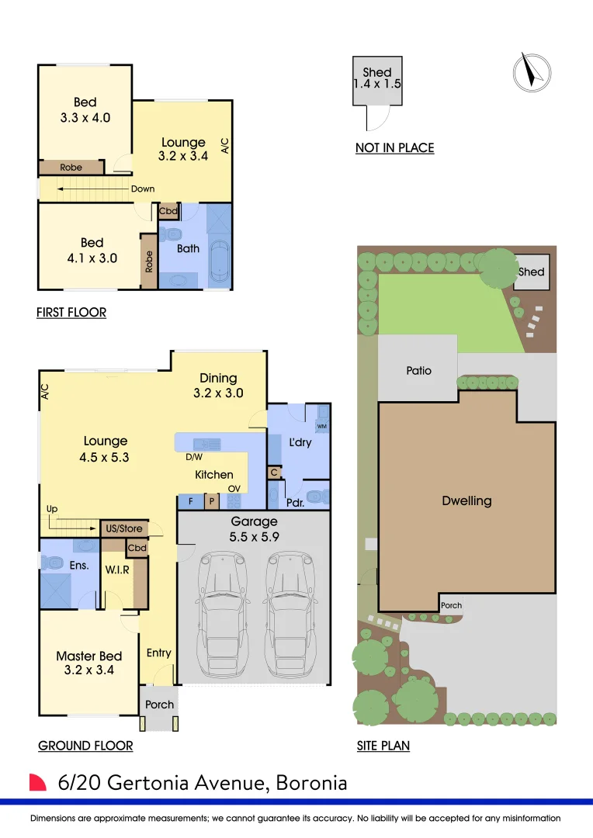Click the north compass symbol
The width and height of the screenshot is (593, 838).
tap(532, 73)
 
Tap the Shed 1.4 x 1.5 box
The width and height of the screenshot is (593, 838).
tap(377, 81)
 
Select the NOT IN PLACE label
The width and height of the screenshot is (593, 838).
tap(394, 148)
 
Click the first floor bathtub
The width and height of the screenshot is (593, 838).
tap(220, 261)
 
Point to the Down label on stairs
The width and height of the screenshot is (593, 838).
tap(143, 189)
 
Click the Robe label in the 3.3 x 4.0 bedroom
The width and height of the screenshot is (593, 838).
tap(71, 168)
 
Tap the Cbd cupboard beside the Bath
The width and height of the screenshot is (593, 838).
tap(168, 211)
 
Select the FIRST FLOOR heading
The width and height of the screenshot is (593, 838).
tap(71, 312)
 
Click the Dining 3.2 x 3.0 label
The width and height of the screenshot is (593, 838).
tap(218, 386)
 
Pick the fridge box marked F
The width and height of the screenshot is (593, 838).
tap(190, 502)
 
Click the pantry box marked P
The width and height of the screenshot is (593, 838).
tap(212, 502)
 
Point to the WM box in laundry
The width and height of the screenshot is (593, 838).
tap(322, 426)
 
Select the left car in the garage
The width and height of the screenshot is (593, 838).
tap(223, 615)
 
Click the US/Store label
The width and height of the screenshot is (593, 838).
tap(124, 528)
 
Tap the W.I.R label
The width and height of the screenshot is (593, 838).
tap(117, 570)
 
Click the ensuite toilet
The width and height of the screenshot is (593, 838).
tap(52, 563)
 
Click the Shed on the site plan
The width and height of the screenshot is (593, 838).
tap(532, 272)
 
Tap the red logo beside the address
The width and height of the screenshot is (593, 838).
tap(37, 782)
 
